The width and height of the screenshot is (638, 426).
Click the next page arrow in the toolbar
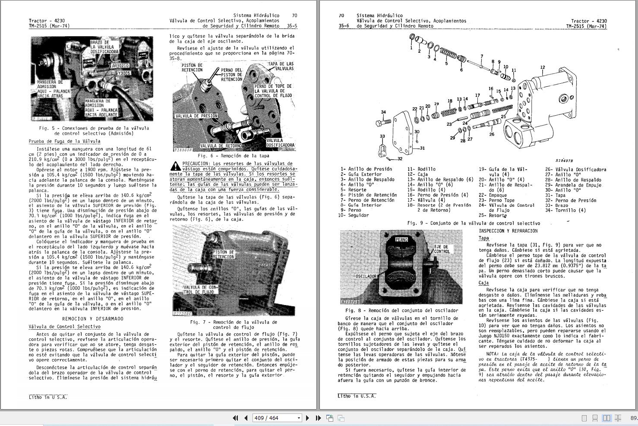307,418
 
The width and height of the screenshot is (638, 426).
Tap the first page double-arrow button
235,418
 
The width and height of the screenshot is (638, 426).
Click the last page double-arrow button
318,418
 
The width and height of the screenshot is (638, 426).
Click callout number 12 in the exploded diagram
543,67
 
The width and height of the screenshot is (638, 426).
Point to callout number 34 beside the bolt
383,112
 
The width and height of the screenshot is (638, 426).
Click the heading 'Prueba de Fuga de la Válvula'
64,141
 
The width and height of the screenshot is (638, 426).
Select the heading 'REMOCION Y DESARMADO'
99,319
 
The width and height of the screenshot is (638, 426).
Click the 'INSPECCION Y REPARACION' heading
508,231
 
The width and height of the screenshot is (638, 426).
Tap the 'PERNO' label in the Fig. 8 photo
401,240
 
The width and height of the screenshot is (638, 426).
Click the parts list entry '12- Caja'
417,174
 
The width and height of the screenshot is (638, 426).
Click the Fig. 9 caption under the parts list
474,224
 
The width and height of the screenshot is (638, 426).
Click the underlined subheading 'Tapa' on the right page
483,238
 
